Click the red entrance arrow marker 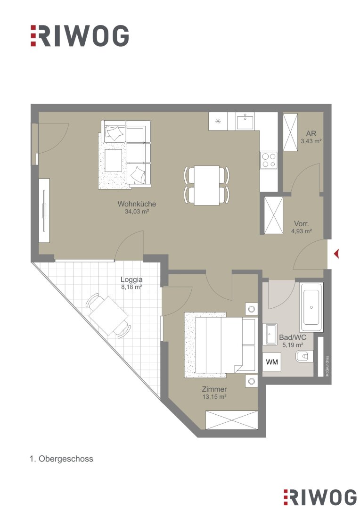click(x=336, y=254)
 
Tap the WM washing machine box click(x=272, y=361)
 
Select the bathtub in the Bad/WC click(x=311, y=307)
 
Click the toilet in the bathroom click(x=304, y=357)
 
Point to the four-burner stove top click(x=269, y=160)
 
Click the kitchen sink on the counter click(x=245, y=122)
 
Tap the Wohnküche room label click(x=137, y=204)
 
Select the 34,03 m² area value click(x=137, y=212)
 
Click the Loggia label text click(x=131, y=279)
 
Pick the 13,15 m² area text click(x=214, y=397)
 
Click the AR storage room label click(x=311, y=133)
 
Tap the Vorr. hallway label click(x=301, y=224)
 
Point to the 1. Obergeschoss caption click(x=61, y=459)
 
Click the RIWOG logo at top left click(x=80, y=36)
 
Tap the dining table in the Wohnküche click(x=207, y=185)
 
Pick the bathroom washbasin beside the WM click(x=271, y=334)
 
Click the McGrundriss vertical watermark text click(x=327, y=366)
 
